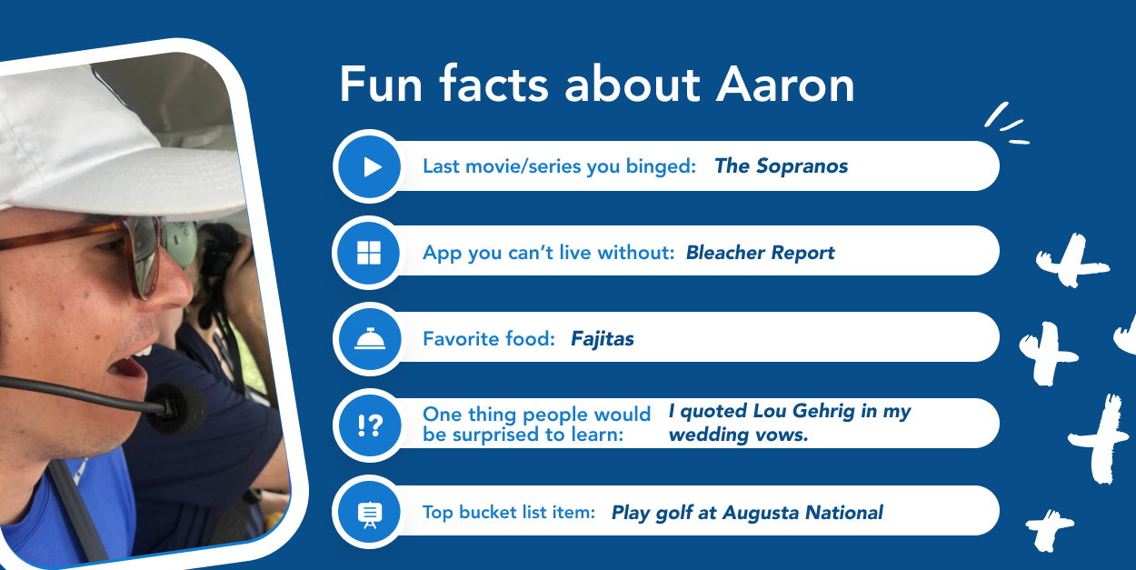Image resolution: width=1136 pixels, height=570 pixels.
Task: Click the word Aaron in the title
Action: click(785, 85)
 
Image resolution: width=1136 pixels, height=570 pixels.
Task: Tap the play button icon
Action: click(369, 166)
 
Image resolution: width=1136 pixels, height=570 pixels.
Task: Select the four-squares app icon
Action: click(369, 253)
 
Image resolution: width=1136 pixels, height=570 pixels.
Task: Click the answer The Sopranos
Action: click(781, 166)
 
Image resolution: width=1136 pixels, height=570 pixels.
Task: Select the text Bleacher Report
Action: click(760, 253)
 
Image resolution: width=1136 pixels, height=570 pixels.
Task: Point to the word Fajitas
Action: click(602, 339)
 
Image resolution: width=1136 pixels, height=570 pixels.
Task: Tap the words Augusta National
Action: click(802, 513)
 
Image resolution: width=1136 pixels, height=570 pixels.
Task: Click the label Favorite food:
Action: click(488, 339)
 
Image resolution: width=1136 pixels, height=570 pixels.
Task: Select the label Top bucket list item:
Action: click(508, 513)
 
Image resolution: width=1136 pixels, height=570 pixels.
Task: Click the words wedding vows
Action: click(737, 435)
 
